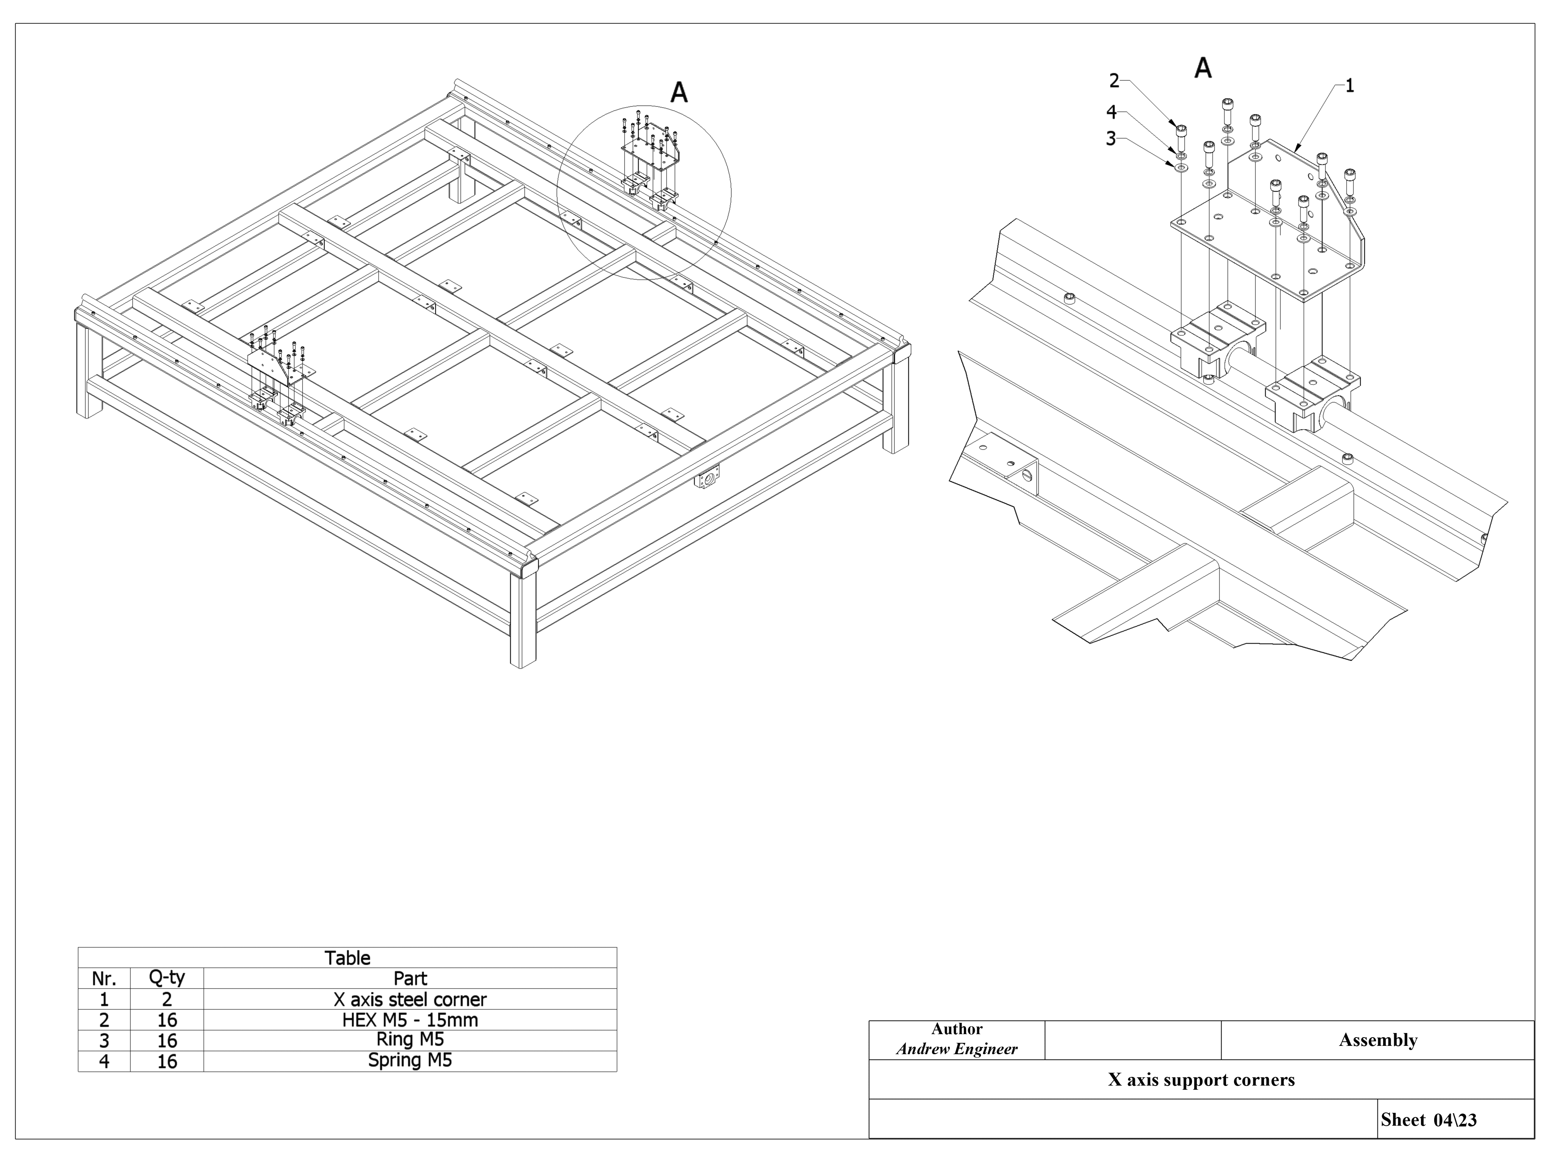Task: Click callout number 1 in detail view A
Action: click(x=1349, y=86)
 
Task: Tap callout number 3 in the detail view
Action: click(x=1111, y=139)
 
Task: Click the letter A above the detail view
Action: click(x=1203, y=68)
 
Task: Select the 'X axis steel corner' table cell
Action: click(x=410, y=999)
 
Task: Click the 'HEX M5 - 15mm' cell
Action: click(x=410, y=1020)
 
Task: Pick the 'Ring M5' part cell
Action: click(x=410, y=1039)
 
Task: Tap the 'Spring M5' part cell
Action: click(x=410, y=1061)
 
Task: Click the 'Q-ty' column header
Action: click(x=167, y=978)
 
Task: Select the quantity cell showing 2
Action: click(x=167, y=999)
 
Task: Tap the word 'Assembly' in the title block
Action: click(x=1377, y=1040)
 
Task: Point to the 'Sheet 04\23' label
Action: click(x=1429, y=1120)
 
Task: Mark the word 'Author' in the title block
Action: click(x=957, y=1029)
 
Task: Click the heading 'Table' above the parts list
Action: click(x=347, y=957)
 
